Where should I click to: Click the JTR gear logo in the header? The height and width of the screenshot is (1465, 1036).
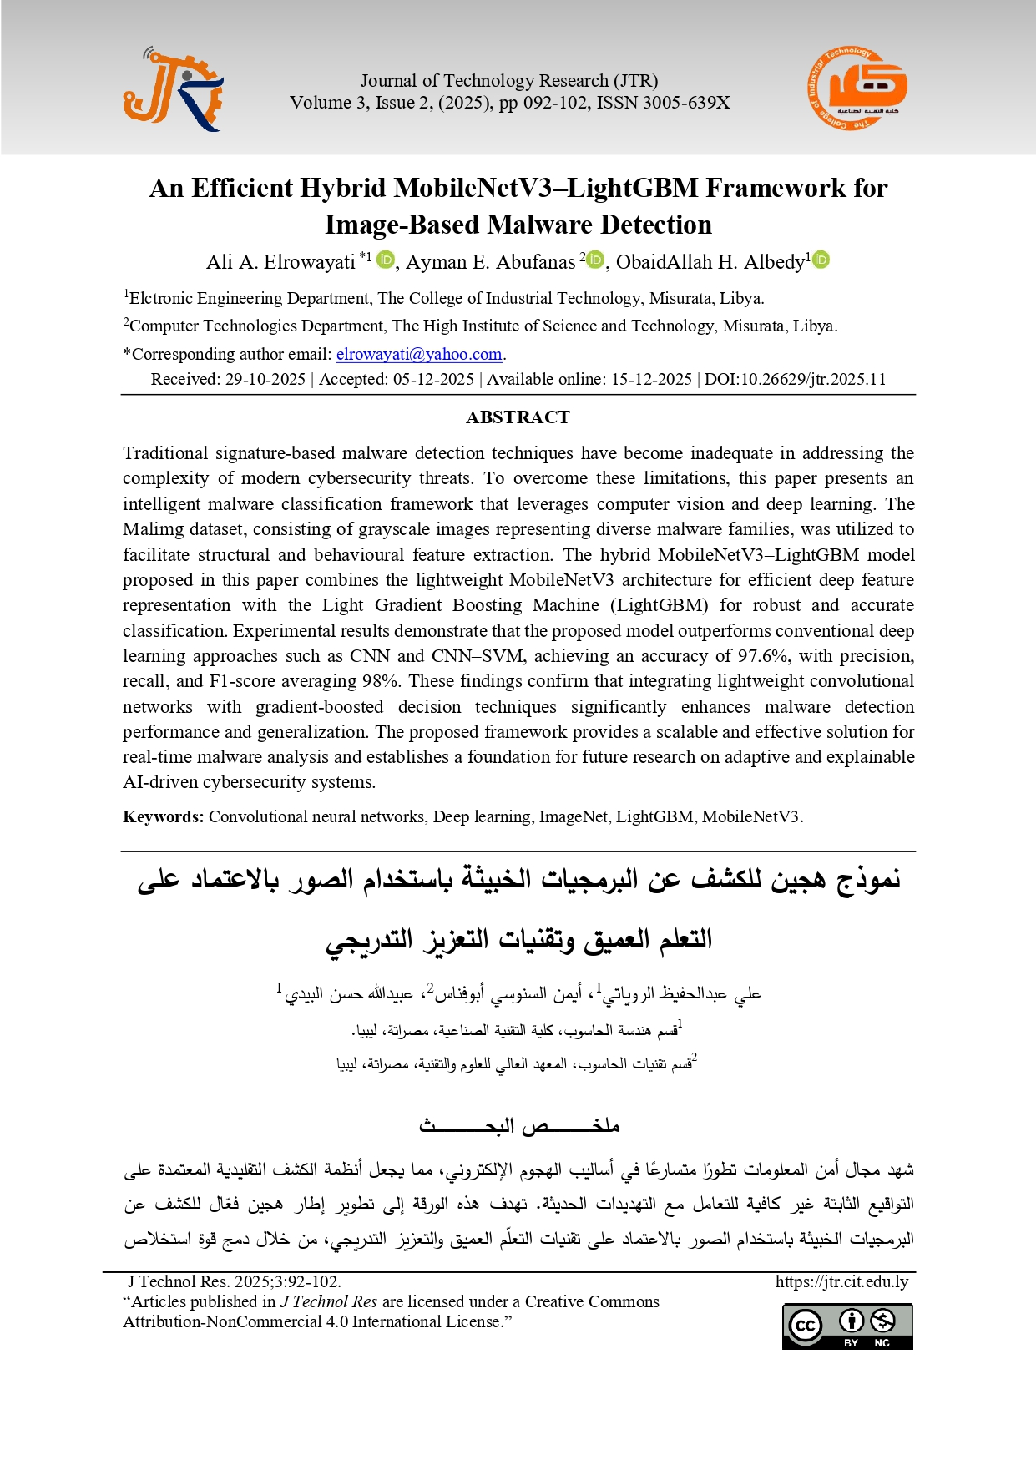pyautogui.click(x=174, y=90)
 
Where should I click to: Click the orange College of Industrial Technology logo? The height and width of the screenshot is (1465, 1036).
pyautogui.click(x=857, y=88)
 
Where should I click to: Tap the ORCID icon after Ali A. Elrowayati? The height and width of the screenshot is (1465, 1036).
pyautogui.click(x=385, y=260)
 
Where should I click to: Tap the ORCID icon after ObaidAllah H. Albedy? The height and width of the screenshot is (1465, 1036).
pyautogui.click(x=821, y=260)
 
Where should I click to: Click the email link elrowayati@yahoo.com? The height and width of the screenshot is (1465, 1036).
pyautogui.click(x=419, y=354)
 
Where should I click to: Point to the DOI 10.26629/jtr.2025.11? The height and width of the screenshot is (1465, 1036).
pyautogui.click(x=795, y=379)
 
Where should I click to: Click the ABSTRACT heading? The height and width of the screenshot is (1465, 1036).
pyautogui.click(x=518, y=417)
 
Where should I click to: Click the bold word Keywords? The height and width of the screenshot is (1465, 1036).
pyautogui.click(x=163, y=816)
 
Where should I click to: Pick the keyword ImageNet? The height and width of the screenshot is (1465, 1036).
pyautogui.click(x=573, y=816)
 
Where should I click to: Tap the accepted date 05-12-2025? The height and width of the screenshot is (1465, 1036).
pyautogui.click(x=433, y=379)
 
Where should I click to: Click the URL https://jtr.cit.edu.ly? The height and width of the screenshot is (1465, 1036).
pyautogui.click(x=841, y=1281)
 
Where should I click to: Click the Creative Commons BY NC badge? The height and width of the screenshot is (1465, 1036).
pyautogui.click(x=846, y=1326)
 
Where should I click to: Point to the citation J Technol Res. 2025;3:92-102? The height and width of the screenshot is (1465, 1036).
pyautogui.click(x=234, y=1281)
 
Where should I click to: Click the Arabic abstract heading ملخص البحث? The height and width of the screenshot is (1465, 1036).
pyautogui.click(x=518, y=1126)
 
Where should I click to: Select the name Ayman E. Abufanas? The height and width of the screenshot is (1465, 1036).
pyautogui.click(x=490, y=262)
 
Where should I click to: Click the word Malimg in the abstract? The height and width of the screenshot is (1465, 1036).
pyautogui.click(x=149, y=529)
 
